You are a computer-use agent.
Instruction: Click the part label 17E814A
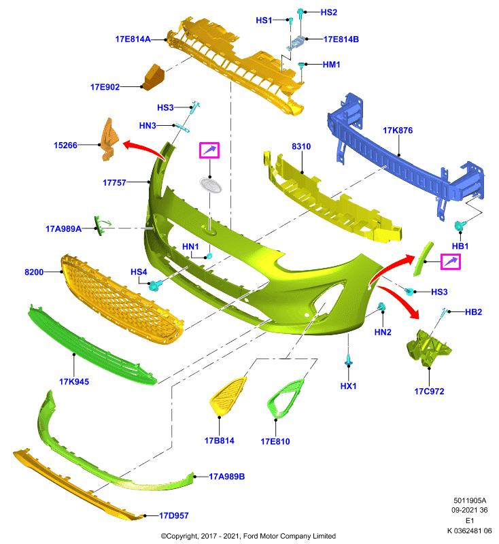click(x=133, y=39)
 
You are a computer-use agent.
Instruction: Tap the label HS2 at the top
click(x=329, y=12)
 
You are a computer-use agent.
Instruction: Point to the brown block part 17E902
click(x=154, y=77)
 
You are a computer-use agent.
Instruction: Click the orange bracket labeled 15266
click(x=109, y=139)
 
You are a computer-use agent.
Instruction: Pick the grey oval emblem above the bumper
click(x=211, y=185)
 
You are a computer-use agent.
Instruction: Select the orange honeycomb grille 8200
click(x=122, y=299)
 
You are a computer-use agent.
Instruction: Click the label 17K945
click(x=74, y=381)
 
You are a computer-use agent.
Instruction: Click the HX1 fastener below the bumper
click(x=349, y=360)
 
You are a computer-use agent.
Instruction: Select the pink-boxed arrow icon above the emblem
click(x=209, y=150)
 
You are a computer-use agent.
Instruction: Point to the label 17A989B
click(x=227, y=477)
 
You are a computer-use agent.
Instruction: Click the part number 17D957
click(x=174, y=515)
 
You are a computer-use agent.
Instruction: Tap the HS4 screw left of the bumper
click(x=154, y=286)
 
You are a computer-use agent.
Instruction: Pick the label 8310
click(x=301, y=146)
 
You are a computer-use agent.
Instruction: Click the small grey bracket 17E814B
click(x=296, y=44)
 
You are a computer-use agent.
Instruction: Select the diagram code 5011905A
click(x=470, y=500)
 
